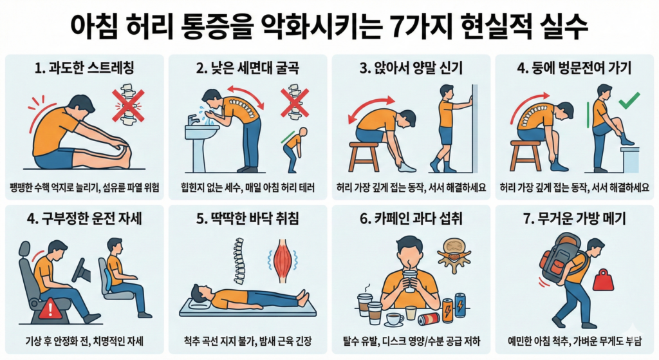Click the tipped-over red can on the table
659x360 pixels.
coord(427,318)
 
